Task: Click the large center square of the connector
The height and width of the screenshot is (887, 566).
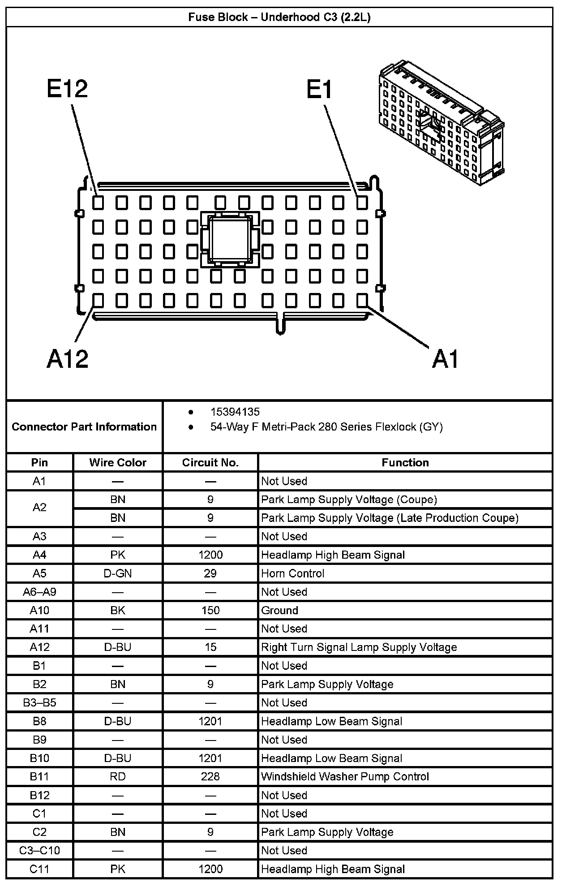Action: [230, 239]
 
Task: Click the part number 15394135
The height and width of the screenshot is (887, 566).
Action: [235, 412]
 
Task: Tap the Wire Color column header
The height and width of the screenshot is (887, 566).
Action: [118, 462]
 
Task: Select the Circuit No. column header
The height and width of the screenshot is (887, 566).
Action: [210, 462]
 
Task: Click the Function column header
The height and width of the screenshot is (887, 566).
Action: [405, 462]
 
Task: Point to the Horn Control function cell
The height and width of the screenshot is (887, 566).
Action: [293, 573]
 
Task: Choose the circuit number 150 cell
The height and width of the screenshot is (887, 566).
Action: [210, 610]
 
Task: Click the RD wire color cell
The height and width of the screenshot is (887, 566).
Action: [118, 776]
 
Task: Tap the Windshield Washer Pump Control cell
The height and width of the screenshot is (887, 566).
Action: [345, 776]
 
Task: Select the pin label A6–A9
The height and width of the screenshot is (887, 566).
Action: [39, 592]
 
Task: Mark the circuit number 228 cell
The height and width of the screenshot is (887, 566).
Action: [210, 776]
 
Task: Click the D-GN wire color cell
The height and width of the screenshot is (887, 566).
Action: [118, 573]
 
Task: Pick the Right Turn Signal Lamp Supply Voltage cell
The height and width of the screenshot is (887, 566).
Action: [359, 647]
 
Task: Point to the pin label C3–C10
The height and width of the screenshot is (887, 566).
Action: [39, 850]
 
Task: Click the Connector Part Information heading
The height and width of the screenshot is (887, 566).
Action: [84, 426]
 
